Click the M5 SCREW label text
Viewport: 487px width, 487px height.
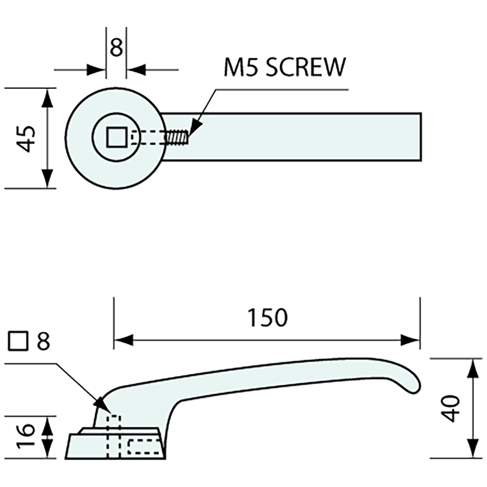(x=284, y=68)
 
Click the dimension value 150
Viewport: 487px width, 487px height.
(x=267, y=317)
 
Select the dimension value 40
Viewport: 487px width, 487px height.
(x=451, y=408)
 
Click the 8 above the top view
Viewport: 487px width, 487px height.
(x=116, y=47)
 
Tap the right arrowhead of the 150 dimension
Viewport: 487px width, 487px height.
(x=410, y=340)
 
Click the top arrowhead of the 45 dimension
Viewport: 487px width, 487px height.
(x=48, y=97)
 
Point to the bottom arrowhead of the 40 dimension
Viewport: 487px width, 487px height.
(x=473, y=448)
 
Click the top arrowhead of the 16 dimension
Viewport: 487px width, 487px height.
(x=48, y=425)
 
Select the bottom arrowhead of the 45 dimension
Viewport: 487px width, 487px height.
(x=48, y=179)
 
